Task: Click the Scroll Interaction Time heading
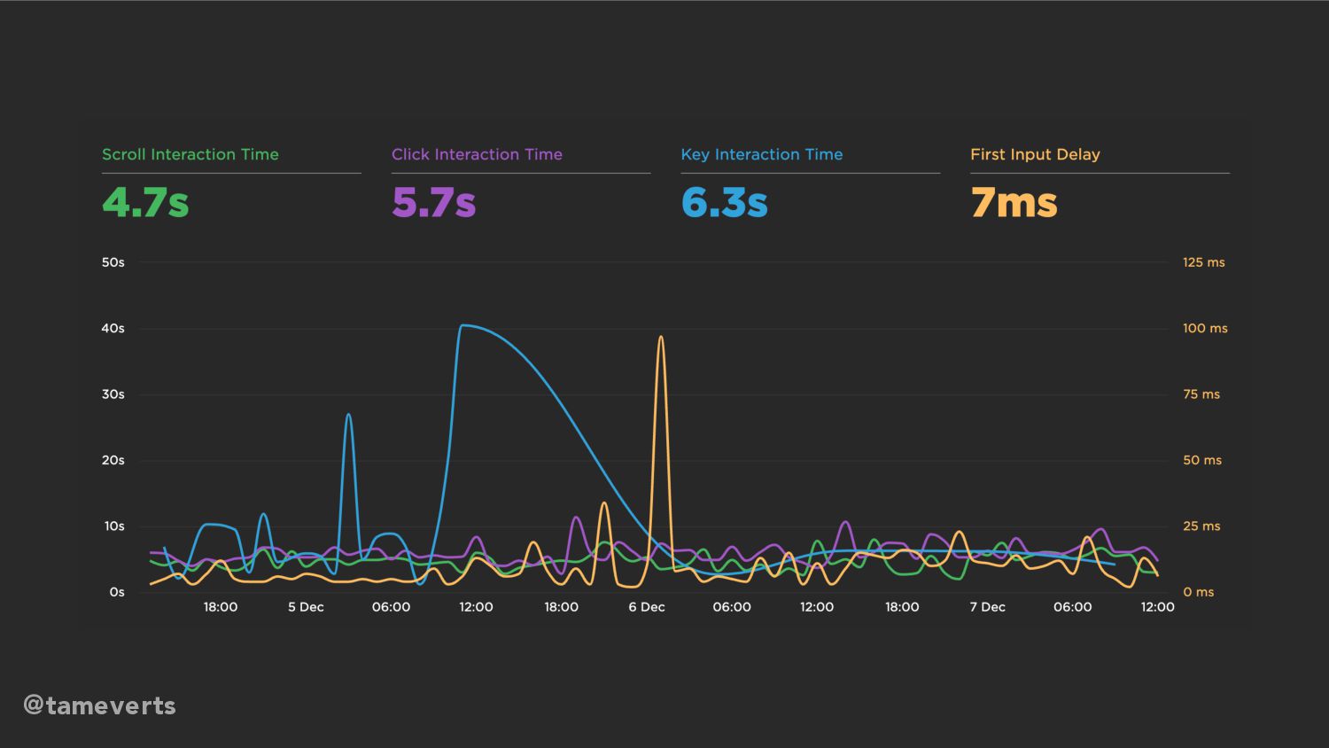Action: pyautogui.click(x=190, y=154)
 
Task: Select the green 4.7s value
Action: pyautogui.click(x=145, y=202)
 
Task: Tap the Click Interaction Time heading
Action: pyautogui.click(x=477, y=154)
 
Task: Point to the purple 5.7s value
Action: pyautogui.click(x=434, y=202)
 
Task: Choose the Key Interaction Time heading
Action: pyautogui.click(x=761, y=154)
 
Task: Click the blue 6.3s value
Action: pyautogui.click(x=724, y=202)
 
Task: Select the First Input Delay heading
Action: pyautogui.click(x=1035, y=154)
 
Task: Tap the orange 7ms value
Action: pyautogui.click(x=1014, y=202)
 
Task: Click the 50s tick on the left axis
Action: pyautogui.click(x=113, y=262)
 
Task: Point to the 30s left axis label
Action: pyautogui.click(x=113, y=394)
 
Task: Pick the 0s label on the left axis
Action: pyautogui.click(x=117, y=592)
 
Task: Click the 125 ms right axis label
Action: pyautogui.click(x=1204, y=262)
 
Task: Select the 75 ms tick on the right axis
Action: pyautogui.click(x=1201, y=394)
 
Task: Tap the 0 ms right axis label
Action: pyautogui.click(x=1199, y=592)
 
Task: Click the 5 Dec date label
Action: pyautogui.click(x=306, y=607)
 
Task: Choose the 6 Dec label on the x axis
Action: pyautogui.click(x=646, y=607)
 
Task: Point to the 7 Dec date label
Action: pyautogui.click(x=987, y=607)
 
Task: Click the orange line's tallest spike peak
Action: pyautogui.click(x=660, y=337)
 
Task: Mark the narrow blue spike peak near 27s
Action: pyautogui.click(x=348, y=415)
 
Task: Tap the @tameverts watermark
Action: pyautogui.click(x=99, y=705)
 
